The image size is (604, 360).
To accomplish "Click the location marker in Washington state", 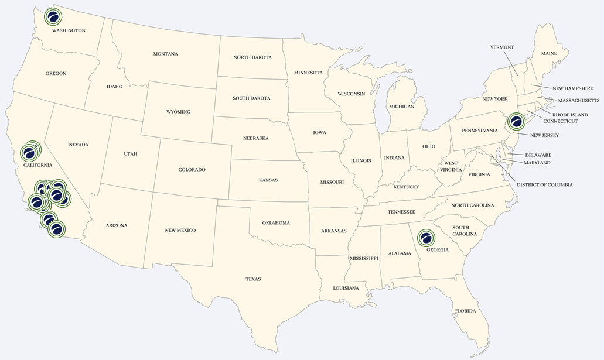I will tap(53, 16).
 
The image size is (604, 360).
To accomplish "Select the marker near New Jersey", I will tap(517, 122).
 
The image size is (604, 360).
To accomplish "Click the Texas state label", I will tap(253, 279).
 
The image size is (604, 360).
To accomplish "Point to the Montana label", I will tap(165, 54).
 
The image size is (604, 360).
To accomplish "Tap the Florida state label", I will tap(465, 311).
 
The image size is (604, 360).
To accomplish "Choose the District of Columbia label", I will tap(544, 185).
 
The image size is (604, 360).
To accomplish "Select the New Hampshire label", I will tap(572, 88).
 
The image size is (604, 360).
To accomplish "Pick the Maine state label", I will tap(549, 53).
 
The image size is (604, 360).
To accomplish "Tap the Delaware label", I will tap(538, 155).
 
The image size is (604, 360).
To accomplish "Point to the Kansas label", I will tap(268, 180).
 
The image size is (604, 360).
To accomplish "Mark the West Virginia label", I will tap(450, 167).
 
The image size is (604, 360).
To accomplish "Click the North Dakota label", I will tap(252, 57).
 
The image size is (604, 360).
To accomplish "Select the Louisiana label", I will tap(346, 289).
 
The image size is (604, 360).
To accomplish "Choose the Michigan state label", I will tap(401, 107).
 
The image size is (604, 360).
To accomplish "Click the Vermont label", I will tap(501, 47).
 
